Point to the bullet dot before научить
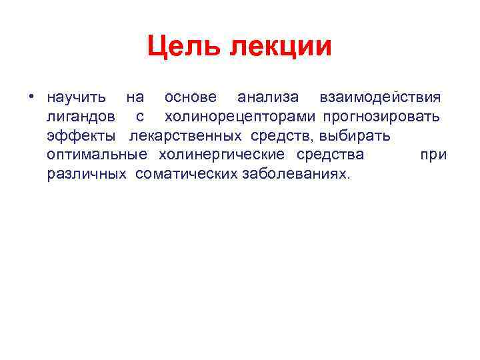(31, 97)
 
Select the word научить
(76, 98)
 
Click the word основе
(191, 98)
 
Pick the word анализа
(268, 98)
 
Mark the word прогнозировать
(381, 117)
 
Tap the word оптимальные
(97, 156)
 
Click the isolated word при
(433, 156)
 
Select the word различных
(87, 175)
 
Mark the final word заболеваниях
(293, 175)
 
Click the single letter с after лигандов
(140, 118)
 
